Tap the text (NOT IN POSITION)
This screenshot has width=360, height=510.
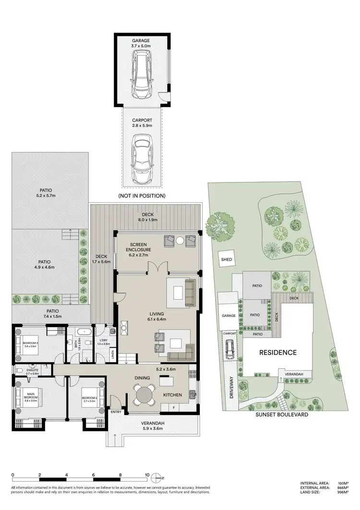click(x=142, y=196)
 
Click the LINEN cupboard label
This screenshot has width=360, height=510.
click(x=112, y=355)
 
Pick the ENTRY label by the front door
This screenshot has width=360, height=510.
click(x=116, y=412)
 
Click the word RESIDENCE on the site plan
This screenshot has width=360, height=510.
click(x=278, y=352)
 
